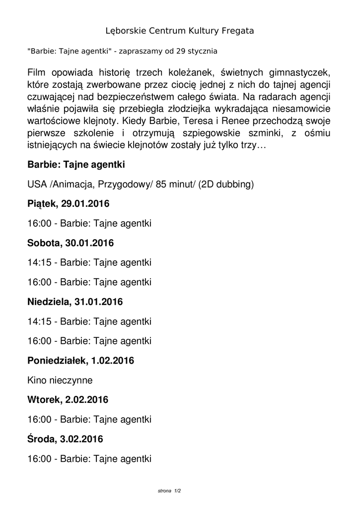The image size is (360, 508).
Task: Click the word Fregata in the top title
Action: (236, 31)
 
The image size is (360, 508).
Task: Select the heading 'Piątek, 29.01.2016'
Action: (69, 204)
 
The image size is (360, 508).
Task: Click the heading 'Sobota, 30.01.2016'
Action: (71, 243)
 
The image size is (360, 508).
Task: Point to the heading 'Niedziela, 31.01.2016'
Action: (75, 302)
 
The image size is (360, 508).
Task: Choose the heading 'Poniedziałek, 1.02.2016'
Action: (80, 361)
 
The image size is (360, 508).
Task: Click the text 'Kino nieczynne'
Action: (60, 381)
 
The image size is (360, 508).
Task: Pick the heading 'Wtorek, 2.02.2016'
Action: (68, 400)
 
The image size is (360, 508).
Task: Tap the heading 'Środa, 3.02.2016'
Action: (65, 439)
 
